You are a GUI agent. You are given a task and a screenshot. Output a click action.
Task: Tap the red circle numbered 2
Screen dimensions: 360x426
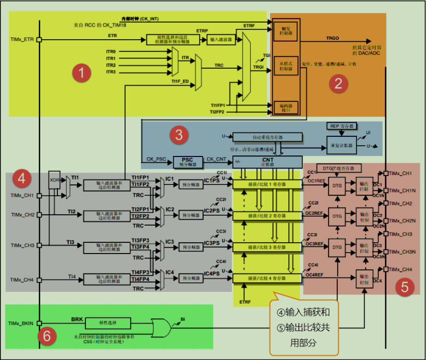(x=338, y=83)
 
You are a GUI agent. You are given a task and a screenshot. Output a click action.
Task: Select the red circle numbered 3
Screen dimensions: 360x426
(x=179, y=135)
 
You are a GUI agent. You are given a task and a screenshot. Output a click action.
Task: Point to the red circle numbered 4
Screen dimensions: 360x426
(x=21, y=179)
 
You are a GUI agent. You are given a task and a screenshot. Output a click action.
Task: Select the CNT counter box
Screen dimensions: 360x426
(x=267, y=161)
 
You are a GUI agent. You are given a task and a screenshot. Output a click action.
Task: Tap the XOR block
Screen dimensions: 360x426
(x=54, y=180)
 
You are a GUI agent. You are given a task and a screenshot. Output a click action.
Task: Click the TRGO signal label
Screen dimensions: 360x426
(x=332, y=38)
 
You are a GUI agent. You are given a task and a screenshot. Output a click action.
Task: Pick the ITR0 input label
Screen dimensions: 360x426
(x=111, y=51)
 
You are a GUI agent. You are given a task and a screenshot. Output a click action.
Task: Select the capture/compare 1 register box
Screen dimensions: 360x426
(x=266, y=184)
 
